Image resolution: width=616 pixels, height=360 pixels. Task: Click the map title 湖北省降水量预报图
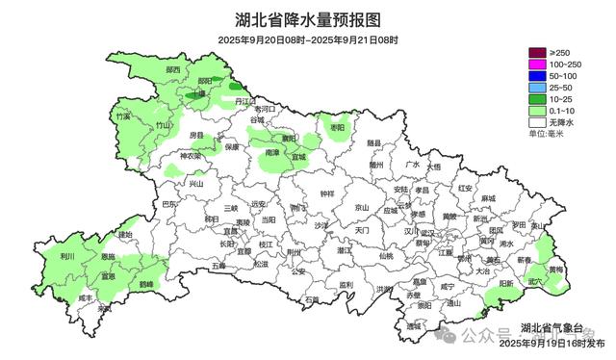tap(308, 19)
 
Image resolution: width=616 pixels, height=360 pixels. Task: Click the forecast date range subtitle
tap(308, 39)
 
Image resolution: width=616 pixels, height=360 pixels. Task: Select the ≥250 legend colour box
tap(536, 52)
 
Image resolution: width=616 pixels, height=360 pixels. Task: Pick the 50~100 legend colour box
tap(536, 76)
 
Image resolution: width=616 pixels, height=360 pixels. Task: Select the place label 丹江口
tap(248, 101)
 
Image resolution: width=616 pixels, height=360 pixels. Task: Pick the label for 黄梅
tap(556, 270)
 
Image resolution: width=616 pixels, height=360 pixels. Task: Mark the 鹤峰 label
tap(146, 285)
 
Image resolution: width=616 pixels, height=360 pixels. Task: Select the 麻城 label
tap(488, 198)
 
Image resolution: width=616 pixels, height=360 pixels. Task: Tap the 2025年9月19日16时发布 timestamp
tap(550, 344)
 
